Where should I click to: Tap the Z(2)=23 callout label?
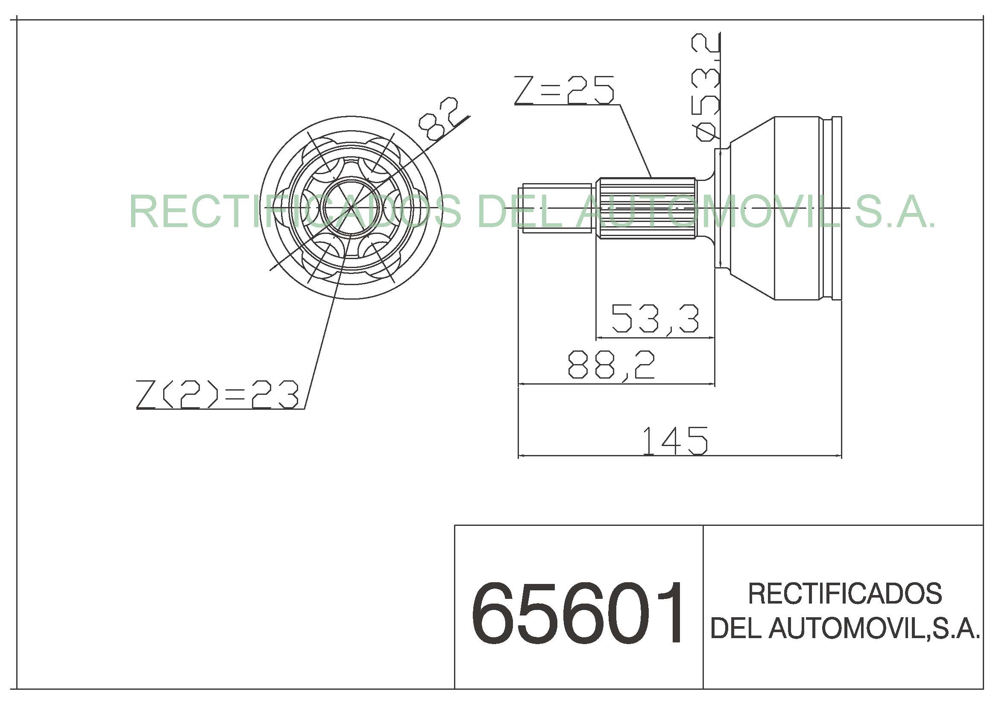click(217, 394)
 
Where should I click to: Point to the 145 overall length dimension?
click(675, 441)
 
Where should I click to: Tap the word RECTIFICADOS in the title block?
click(844, 593)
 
